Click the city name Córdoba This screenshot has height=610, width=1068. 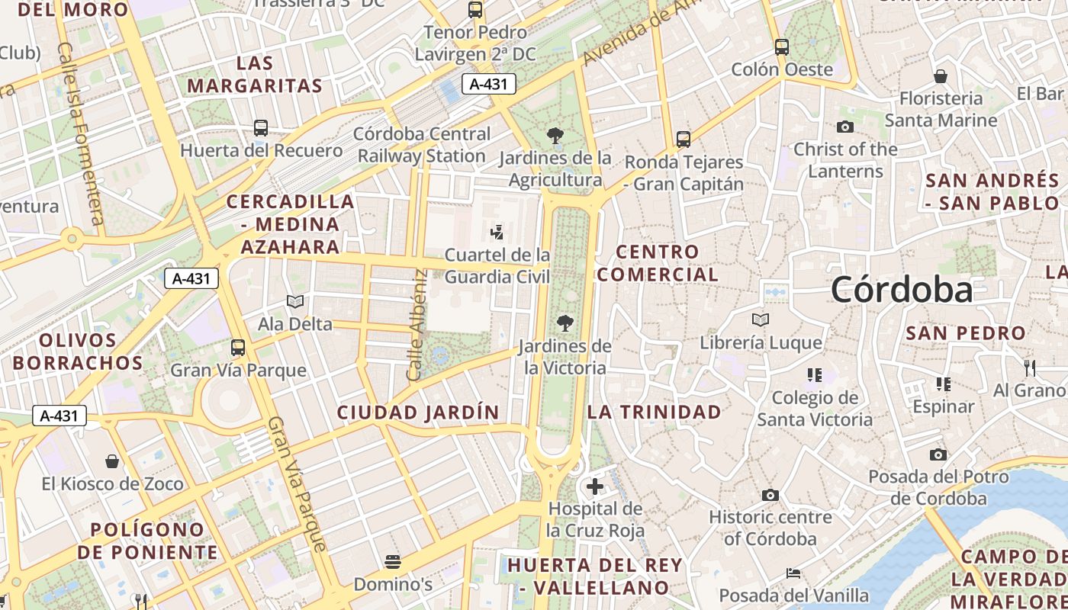coord(902,290)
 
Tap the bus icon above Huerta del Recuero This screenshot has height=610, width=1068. coord(261,127)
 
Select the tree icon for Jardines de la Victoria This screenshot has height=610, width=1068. coord(565,323)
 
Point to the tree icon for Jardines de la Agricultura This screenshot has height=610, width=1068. coord(555,136)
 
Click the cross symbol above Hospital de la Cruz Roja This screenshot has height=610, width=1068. coord(595,486)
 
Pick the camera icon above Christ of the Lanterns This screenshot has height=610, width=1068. coord(845,127)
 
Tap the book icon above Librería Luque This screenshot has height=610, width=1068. coord(761,320)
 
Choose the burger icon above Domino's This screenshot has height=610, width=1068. coord(393,563)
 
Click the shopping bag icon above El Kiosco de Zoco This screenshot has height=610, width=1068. coord(112,461)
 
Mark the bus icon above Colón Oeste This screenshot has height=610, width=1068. coord(782,47)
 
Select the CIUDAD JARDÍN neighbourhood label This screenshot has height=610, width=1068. coord(418,413)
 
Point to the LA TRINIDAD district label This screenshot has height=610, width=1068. coord(654,412)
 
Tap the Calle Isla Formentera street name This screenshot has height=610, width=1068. coord(80,133)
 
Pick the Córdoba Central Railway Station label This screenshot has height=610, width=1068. coord(422,145)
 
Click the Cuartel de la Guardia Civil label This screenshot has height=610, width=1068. coord(497,265)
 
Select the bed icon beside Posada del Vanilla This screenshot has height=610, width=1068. coord(793,573)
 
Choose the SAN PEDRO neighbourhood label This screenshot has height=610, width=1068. coord(966,333)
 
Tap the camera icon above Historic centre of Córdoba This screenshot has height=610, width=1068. coord(770,496)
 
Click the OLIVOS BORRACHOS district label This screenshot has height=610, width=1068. coord(78,352)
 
